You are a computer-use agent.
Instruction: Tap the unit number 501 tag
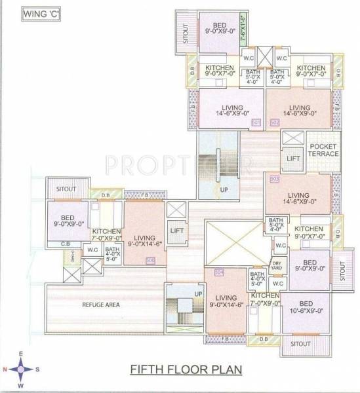[x=256, y=122]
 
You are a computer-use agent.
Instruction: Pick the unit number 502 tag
[x=273, y=122]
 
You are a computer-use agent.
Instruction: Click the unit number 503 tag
[x=274, y=178]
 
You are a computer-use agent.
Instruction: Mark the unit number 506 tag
[x=151, y=260]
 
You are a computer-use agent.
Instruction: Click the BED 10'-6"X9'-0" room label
[x=306, y=307]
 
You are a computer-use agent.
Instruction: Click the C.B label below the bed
[x=66, y=244]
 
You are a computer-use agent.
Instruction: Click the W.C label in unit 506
[x=93, y=249]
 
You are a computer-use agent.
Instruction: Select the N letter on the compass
[x=5, y=368]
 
